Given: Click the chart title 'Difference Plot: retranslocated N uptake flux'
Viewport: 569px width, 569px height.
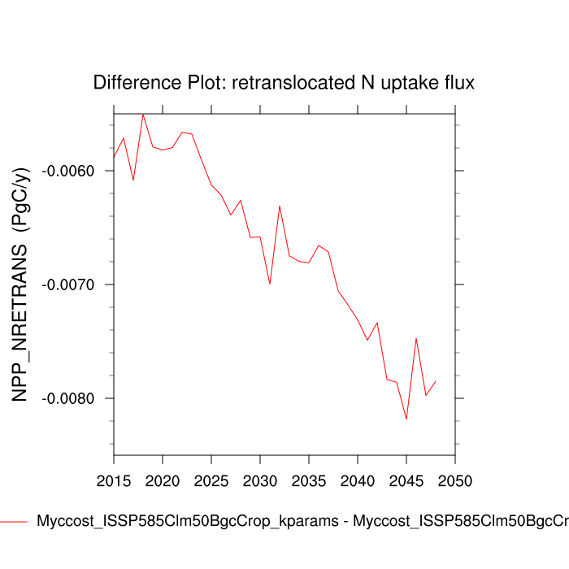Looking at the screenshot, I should tap(284, 83).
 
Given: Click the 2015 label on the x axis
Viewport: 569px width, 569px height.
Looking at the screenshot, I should tap(114, 477).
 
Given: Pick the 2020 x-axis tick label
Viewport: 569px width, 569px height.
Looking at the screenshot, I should tap(163, 477).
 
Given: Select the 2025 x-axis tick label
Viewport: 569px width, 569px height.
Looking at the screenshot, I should tap(211, 477).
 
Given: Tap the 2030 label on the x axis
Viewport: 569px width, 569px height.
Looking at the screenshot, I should tap(260, 477).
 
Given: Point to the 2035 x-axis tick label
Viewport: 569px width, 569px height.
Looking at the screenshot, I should tap(309, 477).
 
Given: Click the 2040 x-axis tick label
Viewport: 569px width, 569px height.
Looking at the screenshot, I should tap(358, 477).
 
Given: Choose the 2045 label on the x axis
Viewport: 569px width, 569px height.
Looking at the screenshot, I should tap(406, 477).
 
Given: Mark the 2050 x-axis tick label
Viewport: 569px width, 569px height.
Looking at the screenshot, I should tap(455, 477).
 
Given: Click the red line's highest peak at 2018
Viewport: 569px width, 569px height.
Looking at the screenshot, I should tap(143, 114).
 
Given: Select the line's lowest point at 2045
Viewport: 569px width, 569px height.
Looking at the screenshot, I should tap(406, 419).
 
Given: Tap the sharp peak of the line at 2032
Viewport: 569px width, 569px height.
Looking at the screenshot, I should tap(280, 206).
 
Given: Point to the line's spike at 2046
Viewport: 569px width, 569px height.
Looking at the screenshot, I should tap(416, 338).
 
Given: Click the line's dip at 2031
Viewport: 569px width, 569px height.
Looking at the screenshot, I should tap(270, 284).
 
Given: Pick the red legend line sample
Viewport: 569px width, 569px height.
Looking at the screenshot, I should tap(15, 521).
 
